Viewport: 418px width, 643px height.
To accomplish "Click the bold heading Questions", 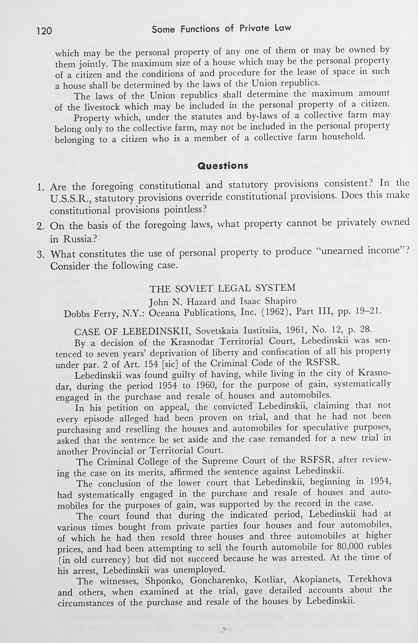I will (223, 166).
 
